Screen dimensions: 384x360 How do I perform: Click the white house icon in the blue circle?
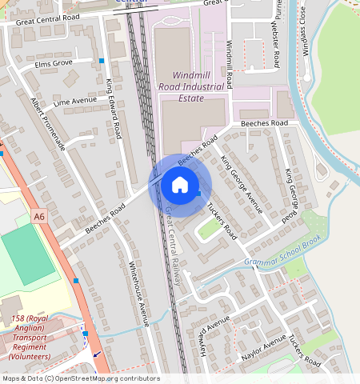[x=180, y=186]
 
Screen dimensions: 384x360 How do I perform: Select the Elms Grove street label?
[x=50, y=62]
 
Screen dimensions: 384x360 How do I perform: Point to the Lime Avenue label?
[x=74, y=102]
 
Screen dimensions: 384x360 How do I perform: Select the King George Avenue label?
[x=242, y=185]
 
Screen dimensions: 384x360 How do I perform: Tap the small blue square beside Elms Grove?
[x=102, y=61]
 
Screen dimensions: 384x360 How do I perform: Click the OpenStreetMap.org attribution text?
[x=80, y=378]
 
